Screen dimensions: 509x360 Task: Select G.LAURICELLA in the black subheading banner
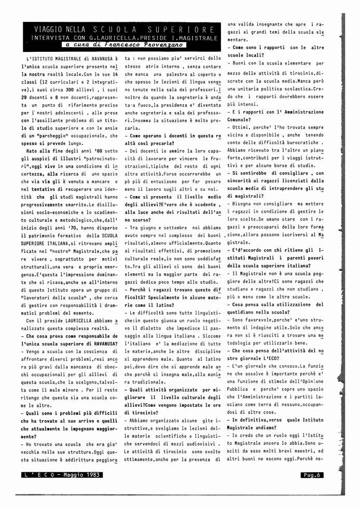(111, 37)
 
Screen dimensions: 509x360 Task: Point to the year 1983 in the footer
(93, 474)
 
